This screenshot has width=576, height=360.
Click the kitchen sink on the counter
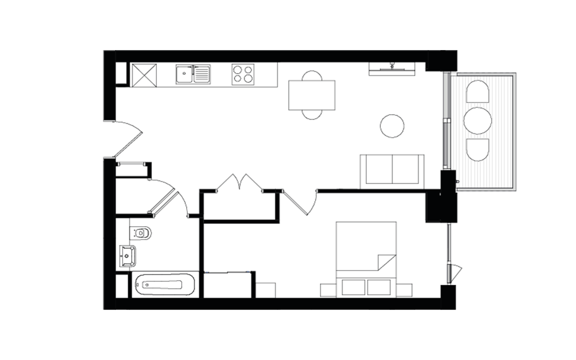[193, 74]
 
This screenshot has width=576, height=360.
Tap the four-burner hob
[243, 74]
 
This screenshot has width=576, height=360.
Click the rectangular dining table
[312, 95]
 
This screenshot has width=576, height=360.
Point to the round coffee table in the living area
[392, 125]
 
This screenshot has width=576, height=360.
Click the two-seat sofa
[392, 169]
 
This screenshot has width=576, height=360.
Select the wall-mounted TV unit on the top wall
[392, 68]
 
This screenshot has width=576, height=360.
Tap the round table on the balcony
[478, 120]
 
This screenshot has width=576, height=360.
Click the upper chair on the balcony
[478, 92]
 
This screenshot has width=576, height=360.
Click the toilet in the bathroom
[141, 232]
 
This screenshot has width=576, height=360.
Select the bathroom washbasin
[128, 256]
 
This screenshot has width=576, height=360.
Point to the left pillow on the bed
[353, 287]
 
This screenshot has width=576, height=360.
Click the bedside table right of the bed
[403, 290]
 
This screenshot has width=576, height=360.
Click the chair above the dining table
[312, 76]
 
